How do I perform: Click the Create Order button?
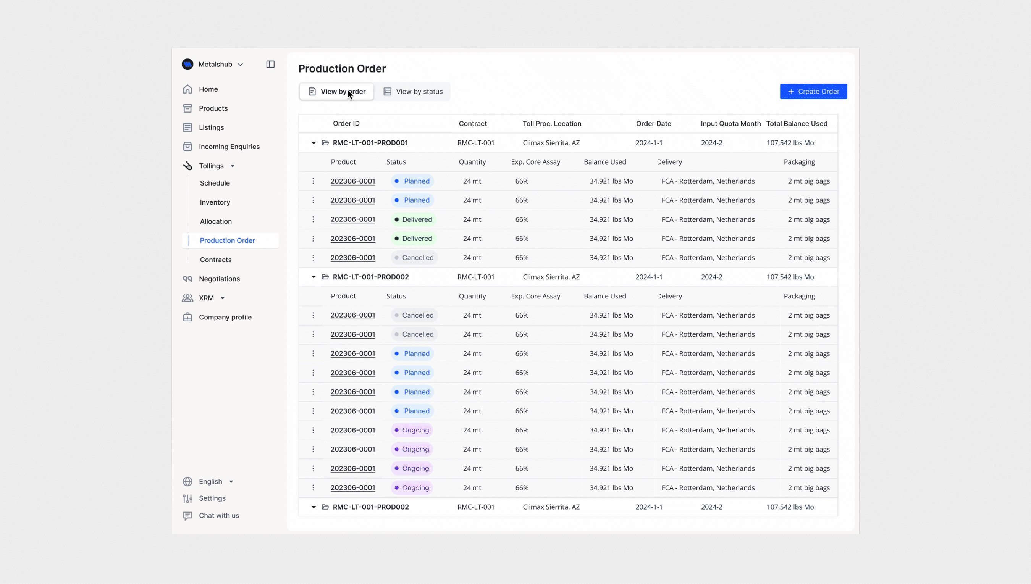coord(813,92)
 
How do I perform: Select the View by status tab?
coord(413,92)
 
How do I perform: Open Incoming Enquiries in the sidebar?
coord(229,147)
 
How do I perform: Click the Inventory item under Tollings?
coord(215,202)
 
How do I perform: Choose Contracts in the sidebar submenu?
coord(215,260)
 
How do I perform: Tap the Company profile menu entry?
coord(225,317)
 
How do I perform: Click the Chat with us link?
coord(219,515)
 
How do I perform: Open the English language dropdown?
coord(210,481)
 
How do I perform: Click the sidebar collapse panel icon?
coord(270,64)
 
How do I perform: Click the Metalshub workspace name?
coord(215,64)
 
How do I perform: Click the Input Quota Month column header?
coord(730,124)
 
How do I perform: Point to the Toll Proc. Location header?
coord(552,124)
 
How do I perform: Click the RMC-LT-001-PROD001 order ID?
coord(370,143)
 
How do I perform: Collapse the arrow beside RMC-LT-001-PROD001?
coord(314,143)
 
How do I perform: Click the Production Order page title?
coord(342,69)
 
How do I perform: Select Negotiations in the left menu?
coord(219,279)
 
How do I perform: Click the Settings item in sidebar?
coord(212,498)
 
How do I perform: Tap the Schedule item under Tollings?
coord(215,183)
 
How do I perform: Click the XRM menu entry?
coord(206,298)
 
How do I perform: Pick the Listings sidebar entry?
coord(211,127)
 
